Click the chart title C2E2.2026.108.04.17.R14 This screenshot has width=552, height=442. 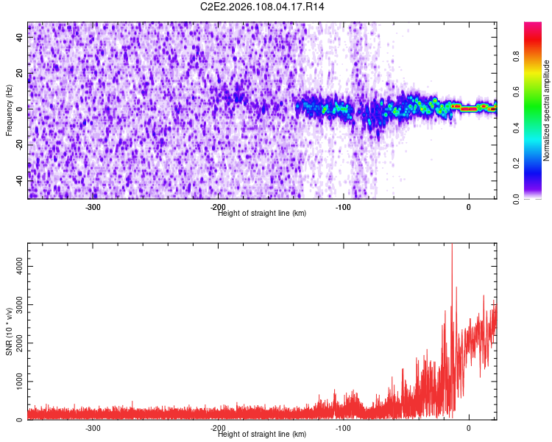tap(263, 7)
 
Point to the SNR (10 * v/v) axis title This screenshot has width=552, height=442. tap(9, 333)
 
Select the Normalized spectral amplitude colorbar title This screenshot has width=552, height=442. tap(547, 111)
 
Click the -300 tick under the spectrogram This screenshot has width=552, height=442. tap(93, 207)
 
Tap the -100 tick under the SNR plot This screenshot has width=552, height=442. tap(343, 427)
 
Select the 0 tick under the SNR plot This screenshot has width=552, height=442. tap(469, 427)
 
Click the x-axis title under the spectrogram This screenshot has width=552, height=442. tap(263, 213)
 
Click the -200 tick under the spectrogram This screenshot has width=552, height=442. tap(218, 207)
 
